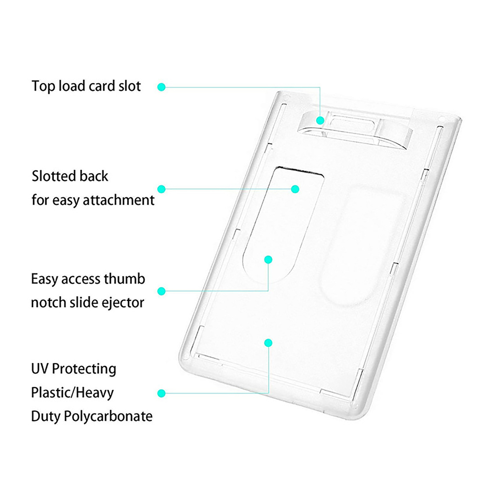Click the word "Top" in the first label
[x=43, y=86]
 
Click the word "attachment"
[x=119, y=200]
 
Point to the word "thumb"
[x=124, y=279]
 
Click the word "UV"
[x=39, y=369]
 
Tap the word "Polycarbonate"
[x=108, y=417]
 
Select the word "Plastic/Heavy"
[x=72, y=393]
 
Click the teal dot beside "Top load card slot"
[x=161, y=87]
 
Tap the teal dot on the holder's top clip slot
[x=320, y=120]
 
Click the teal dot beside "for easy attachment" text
[x=161, y=189]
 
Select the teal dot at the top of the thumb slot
[x=295, y=189]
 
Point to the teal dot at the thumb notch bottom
[x=268, y=259]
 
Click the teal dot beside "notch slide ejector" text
[x=161, y=291]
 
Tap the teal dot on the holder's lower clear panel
[x=268, y=343]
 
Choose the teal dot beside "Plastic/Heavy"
[x=161, y=393]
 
